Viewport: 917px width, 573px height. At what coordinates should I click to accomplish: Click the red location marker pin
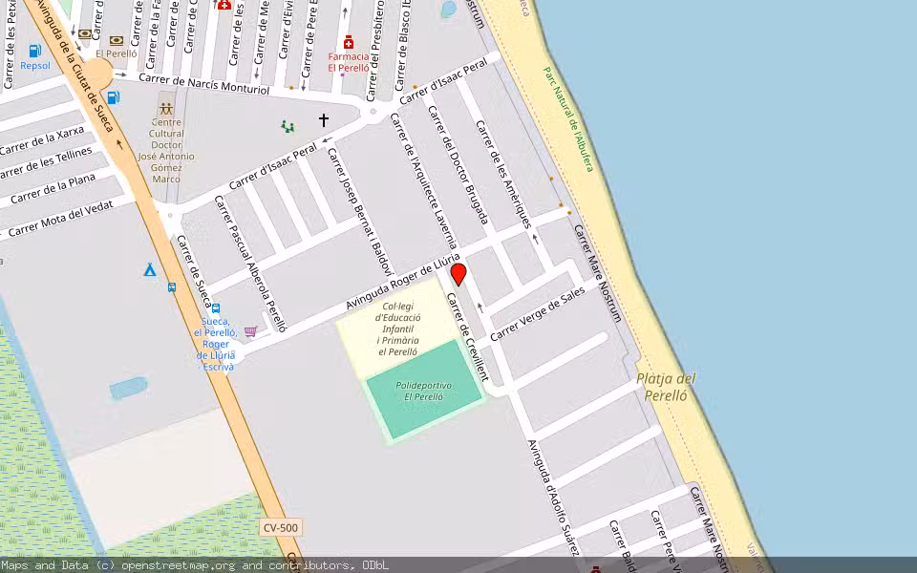(x=458, y=274)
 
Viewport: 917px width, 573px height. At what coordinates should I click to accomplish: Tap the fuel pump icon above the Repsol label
(x=35, y=52)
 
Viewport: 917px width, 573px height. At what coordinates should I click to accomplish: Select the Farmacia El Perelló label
(x=348, y=61)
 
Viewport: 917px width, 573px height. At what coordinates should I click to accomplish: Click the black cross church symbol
(x=324, y=120)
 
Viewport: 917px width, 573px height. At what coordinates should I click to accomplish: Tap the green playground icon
(x=287, y=125)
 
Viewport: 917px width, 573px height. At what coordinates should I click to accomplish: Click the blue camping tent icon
(x=150, y=270)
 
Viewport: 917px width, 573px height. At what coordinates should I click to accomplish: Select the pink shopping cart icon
(x=250, y=331)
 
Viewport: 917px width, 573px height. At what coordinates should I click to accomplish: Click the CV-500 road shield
(x=281, y=528)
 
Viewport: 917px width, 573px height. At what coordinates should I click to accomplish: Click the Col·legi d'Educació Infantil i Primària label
(x=396, y=329)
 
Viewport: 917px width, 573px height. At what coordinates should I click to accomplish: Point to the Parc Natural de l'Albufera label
(x=568, y=118)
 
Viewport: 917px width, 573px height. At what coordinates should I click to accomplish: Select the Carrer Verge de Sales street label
(x=537, y=314)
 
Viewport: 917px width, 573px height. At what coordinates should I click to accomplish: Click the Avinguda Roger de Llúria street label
(x=403, y=282)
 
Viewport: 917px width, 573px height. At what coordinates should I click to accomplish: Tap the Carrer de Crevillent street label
(x=467, y=337)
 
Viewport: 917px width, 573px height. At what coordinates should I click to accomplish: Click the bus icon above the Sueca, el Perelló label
(x=216, y=308)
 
